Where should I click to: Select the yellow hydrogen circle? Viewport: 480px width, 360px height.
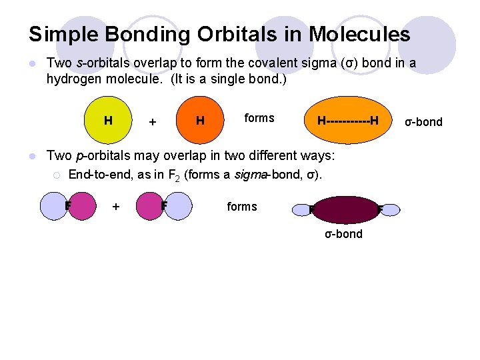pos(107,121)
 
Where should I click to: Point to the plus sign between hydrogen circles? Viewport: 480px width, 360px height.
pos(153,122)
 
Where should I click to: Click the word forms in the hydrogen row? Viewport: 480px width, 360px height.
pos(259,118)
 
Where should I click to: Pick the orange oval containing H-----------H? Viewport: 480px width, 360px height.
pos(347,121)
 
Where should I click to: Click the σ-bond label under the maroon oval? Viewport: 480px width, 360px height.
pos(343,234)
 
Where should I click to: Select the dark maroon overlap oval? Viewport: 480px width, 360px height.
pos(345,210)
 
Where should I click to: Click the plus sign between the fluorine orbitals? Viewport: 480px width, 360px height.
pos(116,207)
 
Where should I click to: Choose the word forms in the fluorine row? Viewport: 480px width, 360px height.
pos(241,207)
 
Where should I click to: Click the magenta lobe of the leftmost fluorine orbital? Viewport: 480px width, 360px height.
pos(82,206)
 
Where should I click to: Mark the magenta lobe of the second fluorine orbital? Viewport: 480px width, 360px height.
pos(149,206)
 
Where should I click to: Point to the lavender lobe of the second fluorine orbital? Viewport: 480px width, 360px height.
pos(179,206)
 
